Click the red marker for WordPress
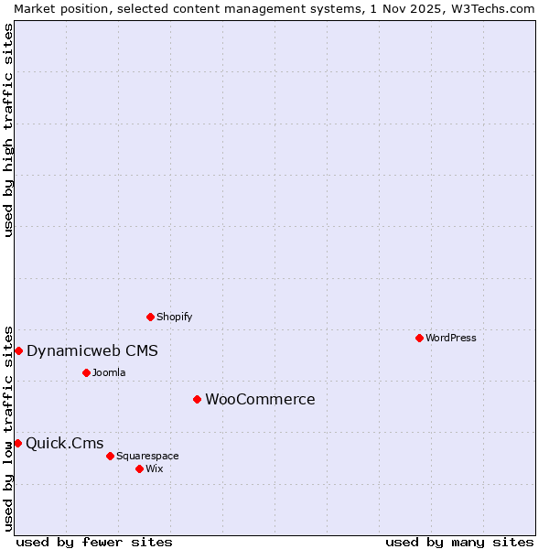tap(419, 338)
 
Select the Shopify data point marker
tap(151, 317)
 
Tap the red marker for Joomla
tap(86, 372)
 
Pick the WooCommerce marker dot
tap(197, 399)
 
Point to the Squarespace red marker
tap(110, 456)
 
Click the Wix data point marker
tap(139, 468)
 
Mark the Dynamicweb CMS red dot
tap(18, 350)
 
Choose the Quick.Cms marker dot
tap(17, 443)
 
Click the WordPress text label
tap(451, 338)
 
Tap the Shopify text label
tap(175, 317)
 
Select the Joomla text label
tap(109, 372)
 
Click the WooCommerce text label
tap(260, 399)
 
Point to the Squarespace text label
tap(147, 456)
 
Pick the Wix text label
tap(155, 468)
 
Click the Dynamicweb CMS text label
tap(92, 350)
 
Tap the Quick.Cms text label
tap(65, 444)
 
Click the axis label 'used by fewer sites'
tap(94, 543)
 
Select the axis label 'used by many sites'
tap(459, 543)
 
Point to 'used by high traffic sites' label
tap(8, 130)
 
